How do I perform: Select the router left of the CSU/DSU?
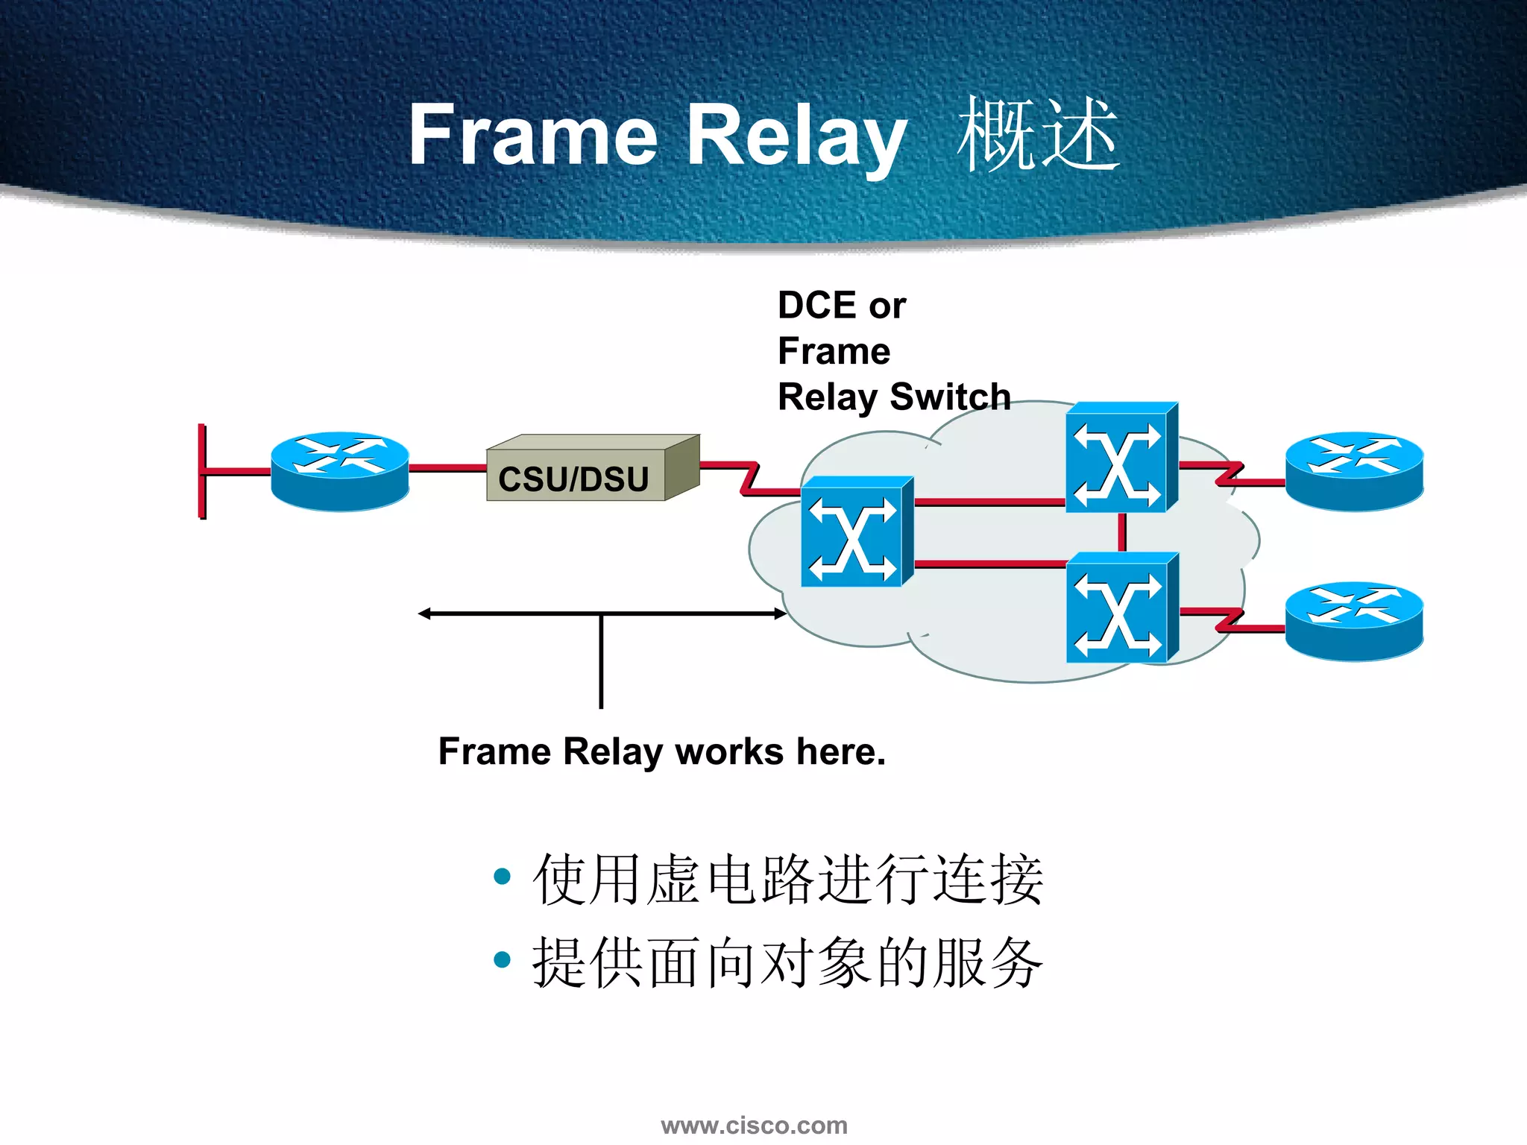339,471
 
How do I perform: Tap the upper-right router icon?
1354,471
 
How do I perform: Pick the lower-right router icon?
1354,621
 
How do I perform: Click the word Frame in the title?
532,136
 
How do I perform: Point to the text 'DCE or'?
841,306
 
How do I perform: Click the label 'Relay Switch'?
893,397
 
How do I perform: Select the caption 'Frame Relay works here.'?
661,751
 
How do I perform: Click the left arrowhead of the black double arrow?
424,613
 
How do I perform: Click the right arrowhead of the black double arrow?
780,613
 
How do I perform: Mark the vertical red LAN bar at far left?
202,471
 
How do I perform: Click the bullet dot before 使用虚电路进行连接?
503,876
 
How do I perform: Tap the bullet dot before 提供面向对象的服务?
503,959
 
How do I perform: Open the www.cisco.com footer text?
754,1125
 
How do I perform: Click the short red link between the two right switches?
1122,532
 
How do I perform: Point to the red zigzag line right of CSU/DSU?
749,478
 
